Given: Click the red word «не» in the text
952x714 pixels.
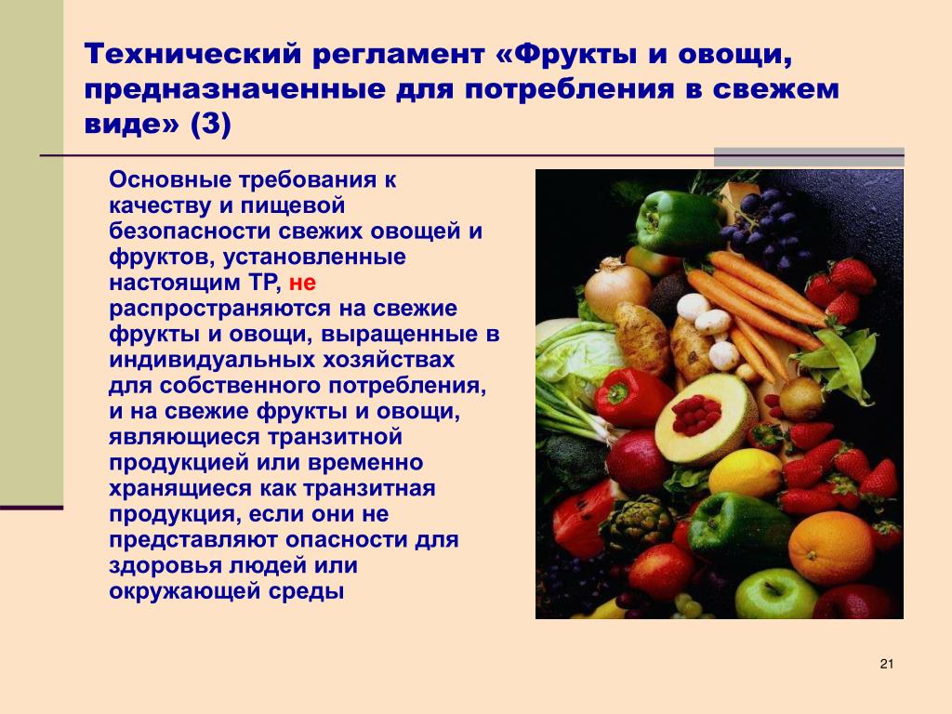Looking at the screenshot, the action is (x=302, y=284).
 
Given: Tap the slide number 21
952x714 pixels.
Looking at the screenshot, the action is (x=886, y=664).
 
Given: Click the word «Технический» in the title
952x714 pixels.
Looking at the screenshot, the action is (x=193, y=54).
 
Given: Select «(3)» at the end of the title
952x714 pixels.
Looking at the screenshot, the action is (x=211, y=126).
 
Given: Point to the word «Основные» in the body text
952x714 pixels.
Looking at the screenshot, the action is (x=171, y=180).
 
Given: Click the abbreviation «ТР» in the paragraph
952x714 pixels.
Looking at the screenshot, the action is (x=264, y=283).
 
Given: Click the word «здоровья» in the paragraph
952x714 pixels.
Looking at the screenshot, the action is (x=165, y=566).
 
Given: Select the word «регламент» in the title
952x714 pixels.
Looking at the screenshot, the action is (x=399, y=55).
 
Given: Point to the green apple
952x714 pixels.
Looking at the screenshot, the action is (x=776, y=593).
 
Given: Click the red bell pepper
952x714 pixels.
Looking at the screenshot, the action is (x=631, y=398).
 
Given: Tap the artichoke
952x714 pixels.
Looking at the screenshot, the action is (x=638, y=523).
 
